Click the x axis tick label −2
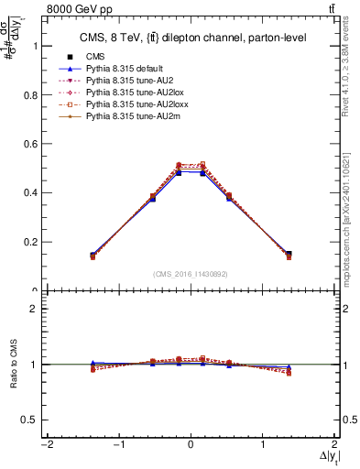click(45, 445)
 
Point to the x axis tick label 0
click(190, 445)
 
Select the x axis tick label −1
click(117, 445)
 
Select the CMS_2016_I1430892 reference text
click(190, 273)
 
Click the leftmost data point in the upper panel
click(93, 256)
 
